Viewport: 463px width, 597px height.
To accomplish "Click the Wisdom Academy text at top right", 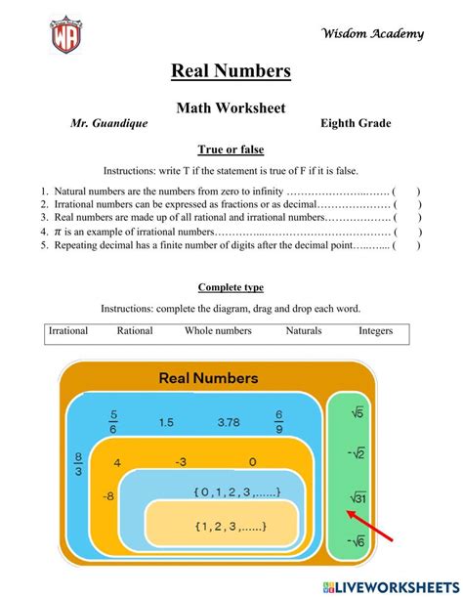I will click(373, 34).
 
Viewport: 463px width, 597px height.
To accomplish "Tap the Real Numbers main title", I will click(231, 70).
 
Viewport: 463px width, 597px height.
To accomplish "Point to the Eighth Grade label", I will click(356, 124).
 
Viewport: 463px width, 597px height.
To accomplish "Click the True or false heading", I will click(231, 149).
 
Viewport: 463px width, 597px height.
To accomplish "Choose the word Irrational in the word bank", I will click(68, 331).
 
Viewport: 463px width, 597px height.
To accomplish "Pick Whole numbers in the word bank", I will click(218, 331).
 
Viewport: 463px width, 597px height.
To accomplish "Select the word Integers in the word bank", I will click(375, 331).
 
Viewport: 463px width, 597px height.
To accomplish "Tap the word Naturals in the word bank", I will click(304, 331).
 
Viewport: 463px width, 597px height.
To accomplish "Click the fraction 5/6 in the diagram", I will click(113, 421).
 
